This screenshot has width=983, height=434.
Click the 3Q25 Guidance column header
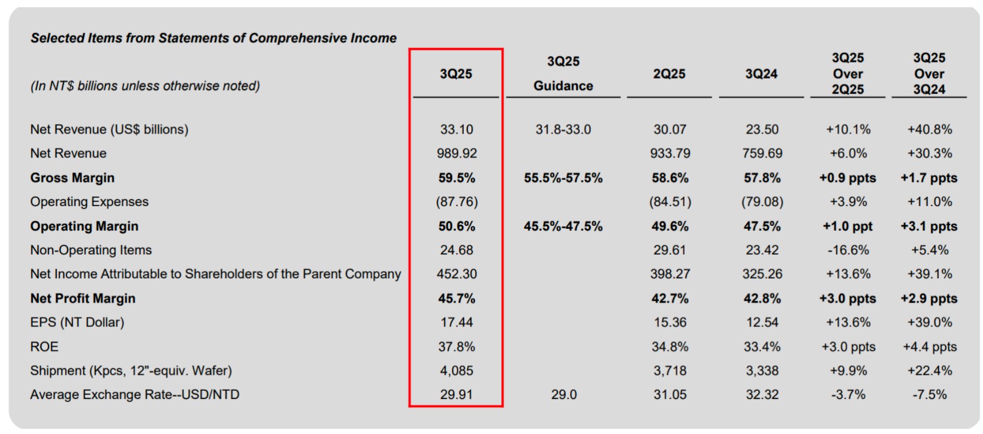click(563, 73)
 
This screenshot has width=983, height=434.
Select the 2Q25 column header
click(669, 74)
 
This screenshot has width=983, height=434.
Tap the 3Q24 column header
click(761, 74)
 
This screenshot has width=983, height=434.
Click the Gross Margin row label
click(72, 178)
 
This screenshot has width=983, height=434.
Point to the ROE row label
click(44, 347)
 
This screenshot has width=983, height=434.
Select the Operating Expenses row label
click(89, 202)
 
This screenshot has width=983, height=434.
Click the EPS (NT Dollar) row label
click(78, 322)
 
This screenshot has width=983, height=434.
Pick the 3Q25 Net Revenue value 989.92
click(456, 153)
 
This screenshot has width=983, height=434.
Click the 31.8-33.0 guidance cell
click(563, 129)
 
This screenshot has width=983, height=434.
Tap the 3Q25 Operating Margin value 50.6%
click(456, 226)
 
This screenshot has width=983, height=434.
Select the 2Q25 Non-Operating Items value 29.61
click(669, 250)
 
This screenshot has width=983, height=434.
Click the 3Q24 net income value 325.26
click(762, 274)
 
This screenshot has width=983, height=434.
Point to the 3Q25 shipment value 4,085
click(456, 370)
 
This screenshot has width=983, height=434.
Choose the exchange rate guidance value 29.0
click(563, 395)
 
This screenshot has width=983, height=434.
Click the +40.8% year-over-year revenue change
click(929, 129)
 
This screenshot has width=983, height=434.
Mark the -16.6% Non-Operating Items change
click(848, 250)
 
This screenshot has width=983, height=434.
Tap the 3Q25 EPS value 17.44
click(456, 322)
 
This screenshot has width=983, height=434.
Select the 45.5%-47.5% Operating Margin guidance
click(563, 226)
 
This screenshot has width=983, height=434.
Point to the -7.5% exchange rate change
click(929, 395)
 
